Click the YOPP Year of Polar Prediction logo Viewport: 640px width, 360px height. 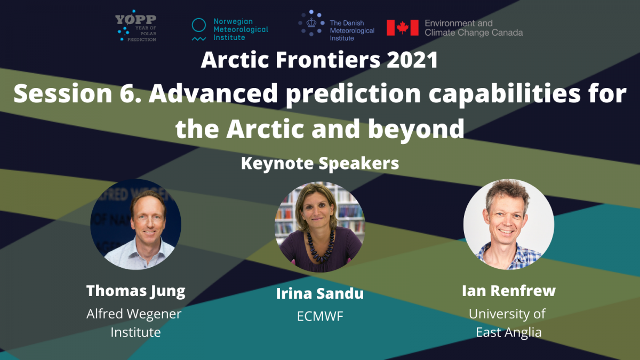coord(135,26)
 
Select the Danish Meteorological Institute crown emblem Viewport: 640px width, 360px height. coord(311,23)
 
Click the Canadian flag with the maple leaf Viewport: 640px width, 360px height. coord(402,28)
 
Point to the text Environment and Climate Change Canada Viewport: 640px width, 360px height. coord(474,28)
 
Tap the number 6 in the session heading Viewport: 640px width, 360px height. coord(127,93)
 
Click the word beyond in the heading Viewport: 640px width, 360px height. coord(417,129)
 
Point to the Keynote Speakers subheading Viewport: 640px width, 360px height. coord(320,163)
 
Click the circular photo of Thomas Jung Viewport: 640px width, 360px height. coord(135,225)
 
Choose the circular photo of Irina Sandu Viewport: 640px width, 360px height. coord(320,227)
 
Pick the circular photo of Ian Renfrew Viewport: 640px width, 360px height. coord(509,225)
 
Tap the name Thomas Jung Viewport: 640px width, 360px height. coord(135,291)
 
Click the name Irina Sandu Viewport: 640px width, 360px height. coord(320,294)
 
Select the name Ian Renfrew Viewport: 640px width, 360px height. coord(509,291)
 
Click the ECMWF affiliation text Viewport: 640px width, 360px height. coord(320,316)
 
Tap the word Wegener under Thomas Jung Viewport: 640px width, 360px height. coord(154,314)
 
